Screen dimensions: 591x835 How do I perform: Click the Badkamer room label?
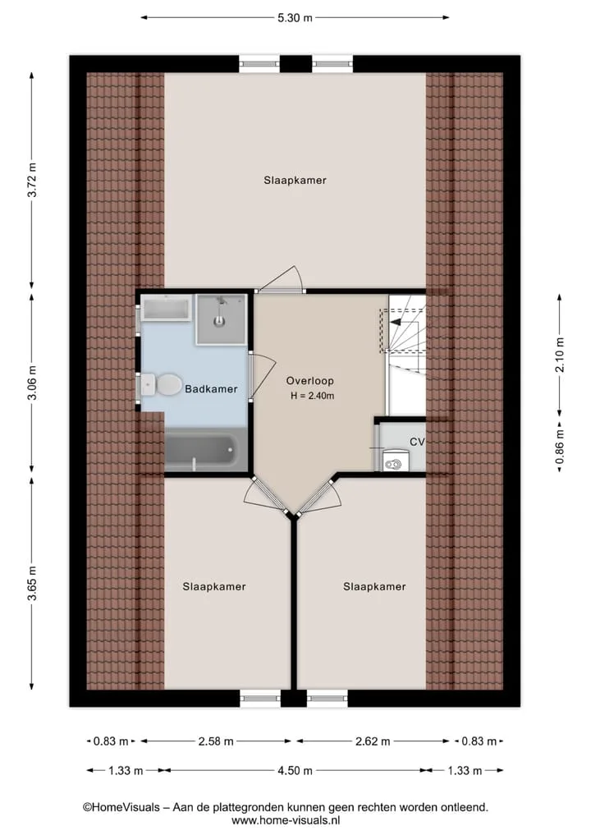click(x=211, y=389)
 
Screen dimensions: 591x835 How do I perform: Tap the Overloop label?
click(x=310, y=381)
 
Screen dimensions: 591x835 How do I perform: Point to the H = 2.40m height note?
click(x=313, y=396)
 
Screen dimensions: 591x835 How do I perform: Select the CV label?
click(x=417, y=442)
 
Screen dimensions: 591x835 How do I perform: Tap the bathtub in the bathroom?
click(x=205, y=451)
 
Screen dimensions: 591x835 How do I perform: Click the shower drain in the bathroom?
click(x=219, y=321)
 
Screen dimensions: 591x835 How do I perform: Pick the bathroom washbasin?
click(x=166, y=310)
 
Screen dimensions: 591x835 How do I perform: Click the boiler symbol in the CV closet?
click(x=395, y=461)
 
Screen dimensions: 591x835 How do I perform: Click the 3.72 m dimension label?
click(x=33, y=180)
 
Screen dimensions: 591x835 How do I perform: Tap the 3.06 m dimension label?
click(x=33, y=383)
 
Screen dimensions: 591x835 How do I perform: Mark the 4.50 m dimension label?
click(x=295, y=771)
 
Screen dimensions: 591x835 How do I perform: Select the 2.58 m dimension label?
click(x=216, y=741)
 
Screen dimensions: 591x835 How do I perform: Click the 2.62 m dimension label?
click(x=373, y=741)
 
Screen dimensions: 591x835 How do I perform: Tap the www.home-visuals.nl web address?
click(x=286, y=820)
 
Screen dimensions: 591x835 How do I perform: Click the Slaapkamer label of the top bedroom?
click(x=295, y=181)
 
